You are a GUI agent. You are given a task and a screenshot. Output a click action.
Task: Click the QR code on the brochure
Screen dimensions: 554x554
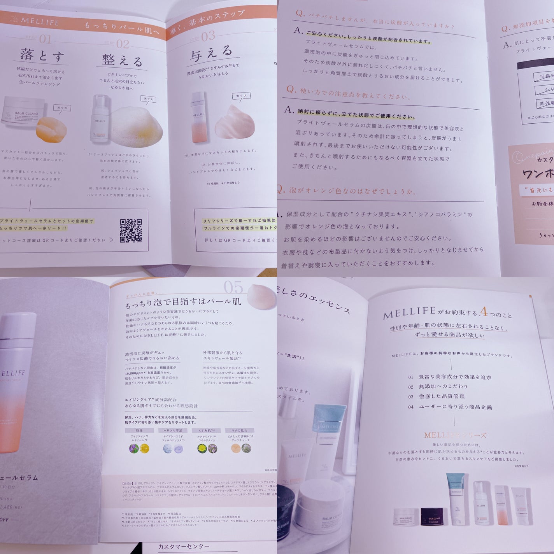tap(131, 231)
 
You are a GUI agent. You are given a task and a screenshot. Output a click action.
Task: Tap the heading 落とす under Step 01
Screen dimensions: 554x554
tap(42, 56)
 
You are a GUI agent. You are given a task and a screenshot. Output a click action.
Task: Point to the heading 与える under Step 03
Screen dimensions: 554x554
tap(211, 54)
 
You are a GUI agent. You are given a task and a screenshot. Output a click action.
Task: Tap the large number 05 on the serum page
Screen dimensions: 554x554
tap(233, 288)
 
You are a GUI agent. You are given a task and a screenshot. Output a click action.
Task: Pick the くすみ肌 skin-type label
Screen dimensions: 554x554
tap(207, 430)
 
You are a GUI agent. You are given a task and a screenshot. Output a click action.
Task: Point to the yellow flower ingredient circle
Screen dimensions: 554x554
tap(202, 448)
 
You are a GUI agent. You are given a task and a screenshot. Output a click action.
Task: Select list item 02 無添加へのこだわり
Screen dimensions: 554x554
tap(438, 386)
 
